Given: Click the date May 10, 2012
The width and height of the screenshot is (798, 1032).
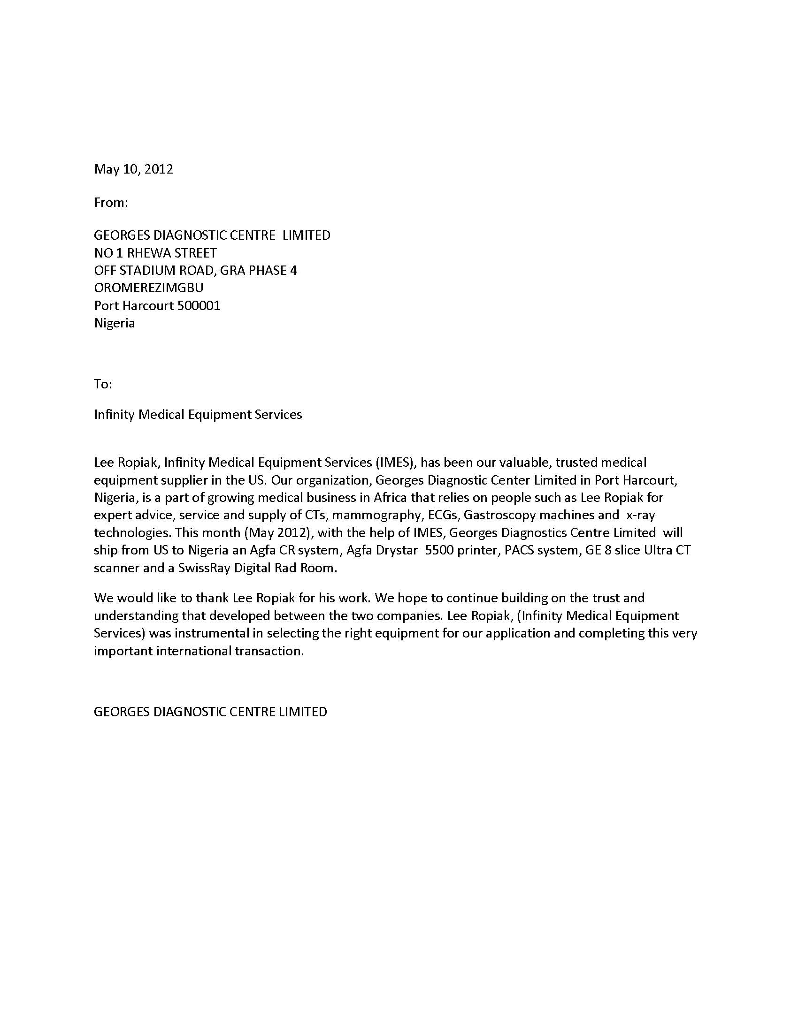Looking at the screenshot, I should point(133,169).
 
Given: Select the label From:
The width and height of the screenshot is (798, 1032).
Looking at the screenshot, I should point(111,203).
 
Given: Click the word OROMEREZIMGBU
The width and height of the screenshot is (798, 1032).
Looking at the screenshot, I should point(148,288).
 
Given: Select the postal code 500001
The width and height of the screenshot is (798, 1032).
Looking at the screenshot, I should point(199,305).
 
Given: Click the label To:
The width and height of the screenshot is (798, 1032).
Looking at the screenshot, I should point(103,384).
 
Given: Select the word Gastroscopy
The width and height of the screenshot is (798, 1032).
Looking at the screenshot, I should point(500,515).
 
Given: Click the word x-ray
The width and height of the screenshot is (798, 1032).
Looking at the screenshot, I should point(641,515).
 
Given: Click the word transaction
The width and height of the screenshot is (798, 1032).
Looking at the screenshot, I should point(269,651).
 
